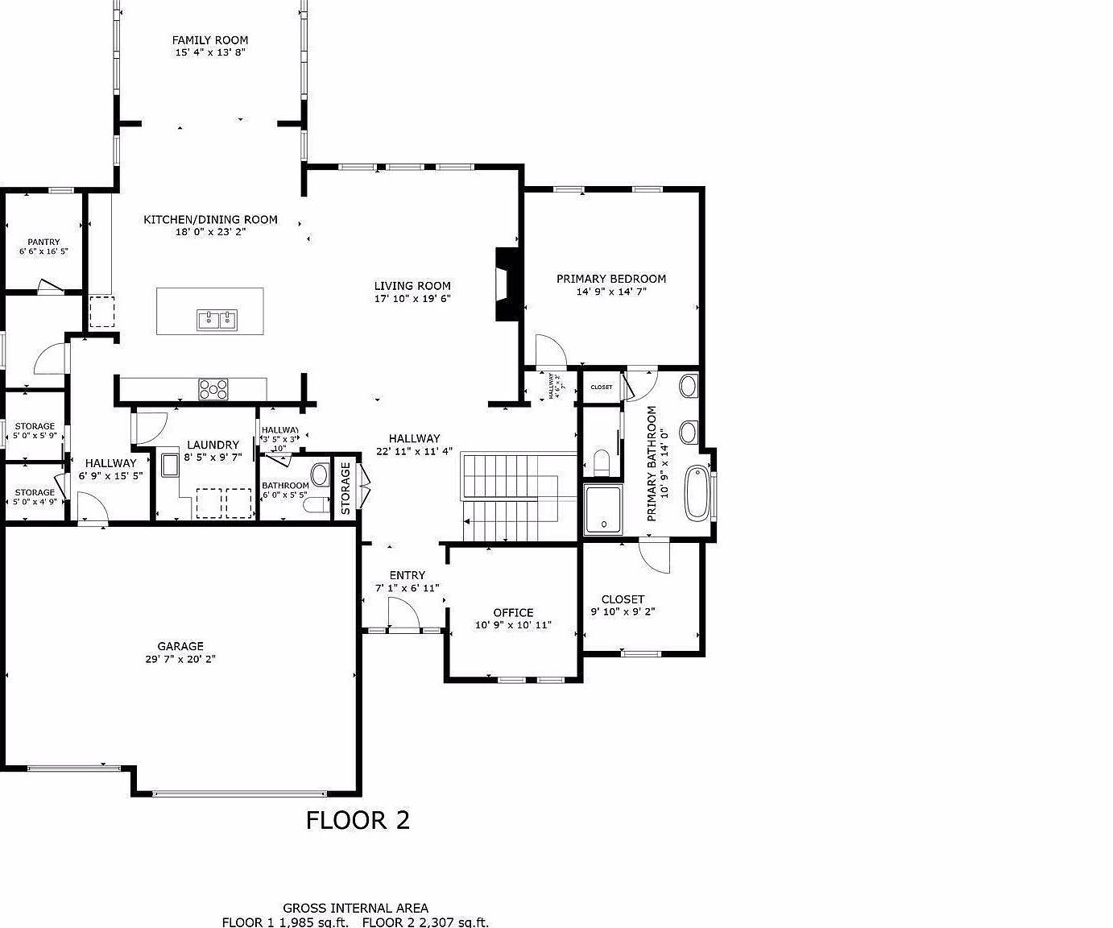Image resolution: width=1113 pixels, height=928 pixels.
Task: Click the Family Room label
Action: coord(210,40)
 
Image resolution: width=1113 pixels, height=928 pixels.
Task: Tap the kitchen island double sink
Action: coord(217,321)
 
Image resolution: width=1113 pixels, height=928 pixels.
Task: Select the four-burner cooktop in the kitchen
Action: coord(213,389)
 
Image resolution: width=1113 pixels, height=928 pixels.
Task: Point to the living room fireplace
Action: coord(507,284)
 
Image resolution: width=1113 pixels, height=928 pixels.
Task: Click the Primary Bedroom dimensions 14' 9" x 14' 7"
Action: coord(611,292)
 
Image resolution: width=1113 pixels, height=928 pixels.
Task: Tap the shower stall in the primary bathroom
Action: coord(602,509)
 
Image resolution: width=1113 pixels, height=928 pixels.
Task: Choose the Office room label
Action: coord(513,612)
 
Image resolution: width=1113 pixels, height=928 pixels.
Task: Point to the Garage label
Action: coord(180,646)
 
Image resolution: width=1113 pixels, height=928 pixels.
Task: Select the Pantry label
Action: coord(43,242)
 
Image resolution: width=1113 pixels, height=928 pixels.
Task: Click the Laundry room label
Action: coord(213,445)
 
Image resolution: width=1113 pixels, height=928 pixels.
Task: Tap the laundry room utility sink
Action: coord(171,466)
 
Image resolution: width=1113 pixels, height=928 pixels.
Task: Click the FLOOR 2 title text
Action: coord(358,820)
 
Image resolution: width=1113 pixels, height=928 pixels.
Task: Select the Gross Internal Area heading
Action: coord(355,908)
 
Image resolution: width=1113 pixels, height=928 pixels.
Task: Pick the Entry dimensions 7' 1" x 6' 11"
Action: coord(408,588)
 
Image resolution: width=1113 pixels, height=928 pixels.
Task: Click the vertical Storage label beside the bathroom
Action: coord(345,488)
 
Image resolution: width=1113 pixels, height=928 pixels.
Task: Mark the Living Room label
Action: coord(412,285)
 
